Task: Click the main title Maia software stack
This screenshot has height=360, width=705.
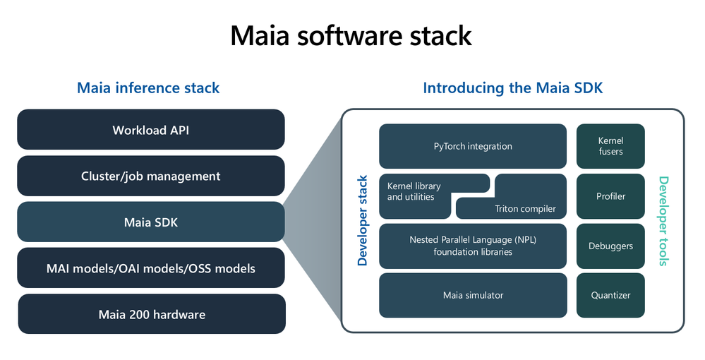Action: pyautogui.click(x=351, y=36)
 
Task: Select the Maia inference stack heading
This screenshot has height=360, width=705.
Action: pyautogui.click(x=148, y=88)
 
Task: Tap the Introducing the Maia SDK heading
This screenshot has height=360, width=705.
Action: pyautogui.click(x=512, y=88)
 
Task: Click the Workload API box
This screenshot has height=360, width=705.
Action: pyautogui.click(x=150, y=130)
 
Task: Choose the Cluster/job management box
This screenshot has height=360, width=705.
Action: pyautogui.click(x=150, y=176)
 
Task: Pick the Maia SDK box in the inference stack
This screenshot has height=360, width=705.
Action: pyautogui.click(x=150, y=222)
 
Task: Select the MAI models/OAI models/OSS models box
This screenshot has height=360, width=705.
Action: pyautogui.click(x=150, y=268)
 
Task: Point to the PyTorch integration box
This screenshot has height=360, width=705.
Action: pyautogui.click(x=472, y=146)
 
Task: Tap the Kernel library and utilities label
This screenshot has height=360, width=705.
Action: pyautogui.click(x=414, y=191)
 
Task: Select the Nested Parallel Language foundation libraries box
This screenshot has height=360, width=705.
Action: pyautogui.click(x=472, y=246)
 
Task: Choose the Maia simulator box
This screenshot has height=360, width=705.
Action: pyautogui.click(x=472, y=295)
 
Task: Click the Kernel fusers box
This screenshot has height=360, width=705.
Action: pyautogui.click(x=610, y=146)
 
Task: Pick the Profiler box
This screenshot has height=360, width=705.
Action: pyautogui.click(x=610, y=196)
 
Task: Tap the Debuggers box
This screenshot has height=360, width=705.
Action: pyautogui.click(x=610, y=246)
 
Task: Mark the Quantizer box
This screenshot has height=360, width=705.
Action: pyautogui.click(x=610, y=295)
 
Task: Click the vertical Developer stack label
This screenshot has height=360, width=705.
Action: pyautogui.click(x=363, y=220)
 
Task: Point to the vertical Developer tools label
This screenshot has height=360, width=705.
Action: pyautogui.click(x=663, y=221)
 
